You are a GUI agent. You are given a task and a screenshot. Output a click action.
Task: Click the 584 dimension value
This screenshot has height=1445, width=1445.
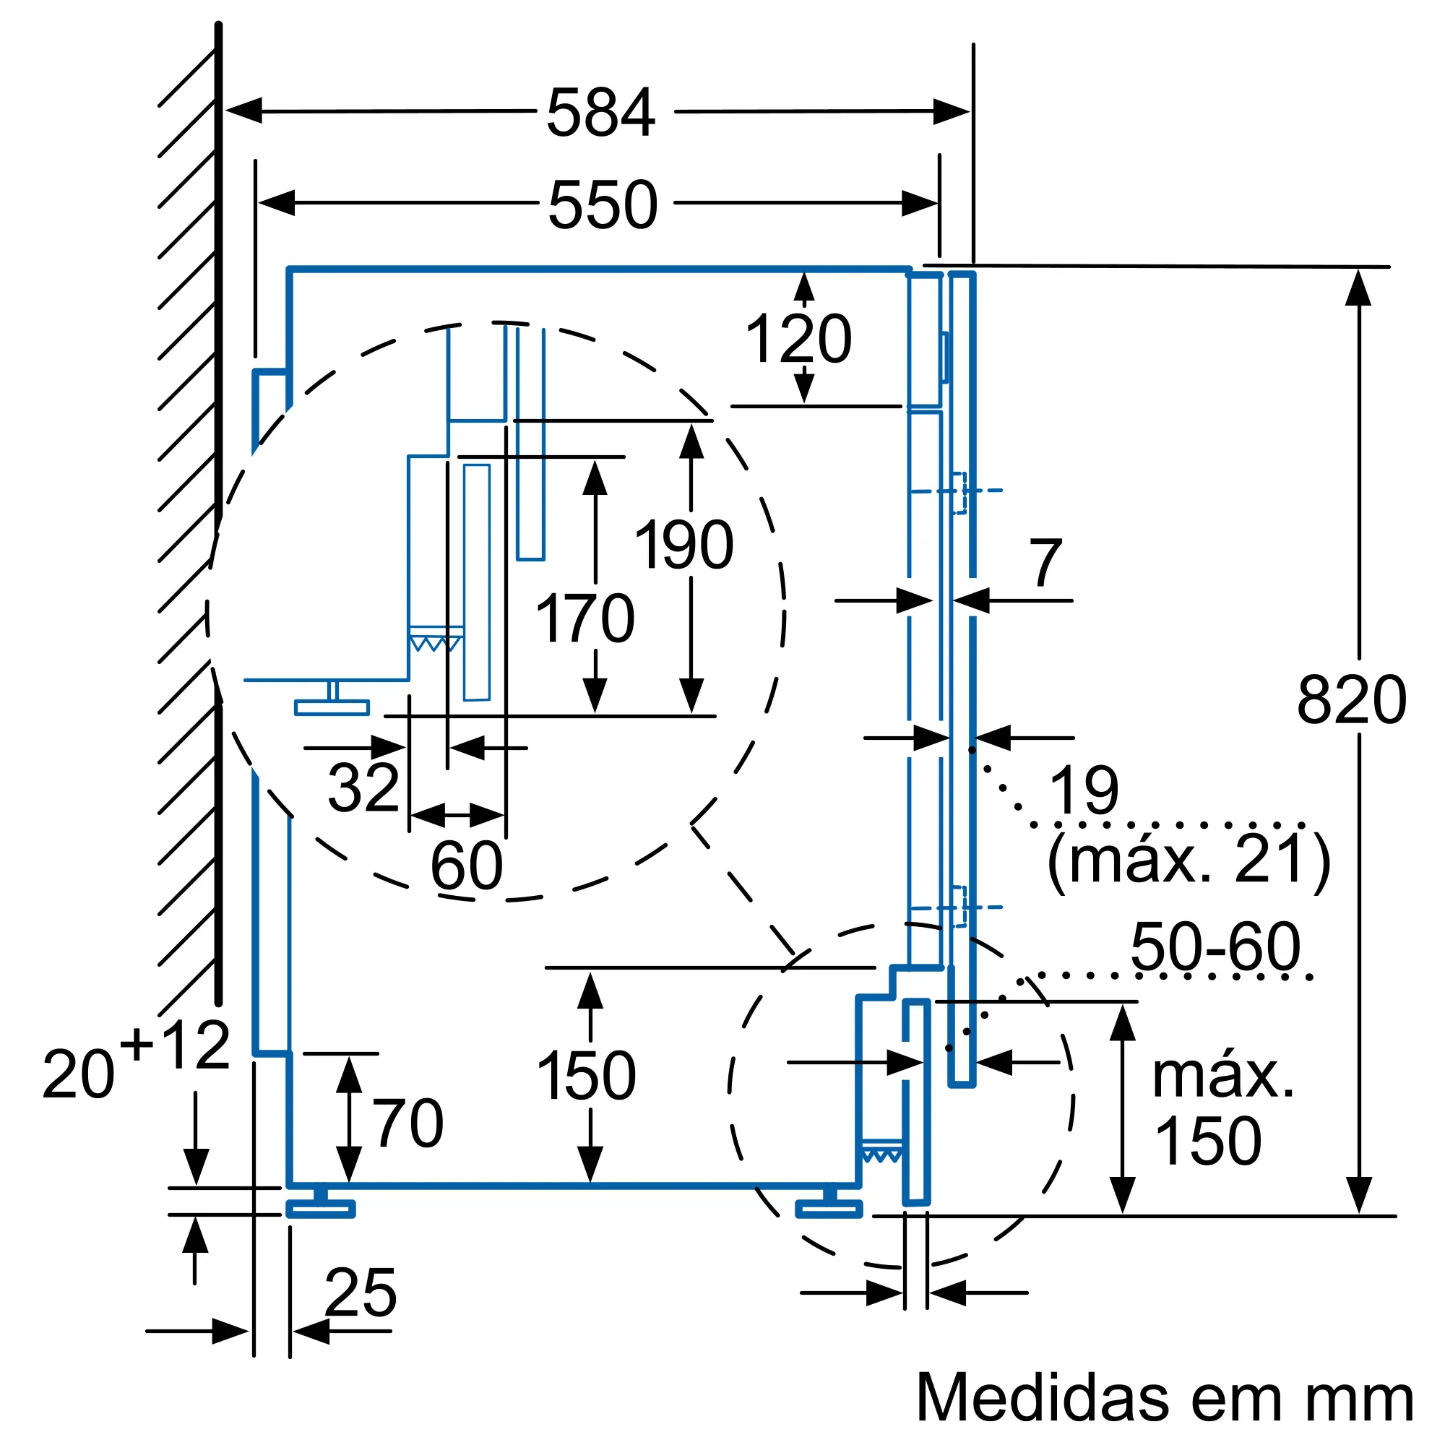pos(600,113)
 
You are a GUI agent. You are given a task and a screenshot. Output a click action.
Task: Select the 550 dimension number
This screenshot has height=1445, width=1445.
pos(603,204)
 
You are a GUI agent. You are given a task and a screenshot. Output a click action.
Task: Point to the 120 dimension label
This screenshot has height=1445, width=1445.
pos(798,339)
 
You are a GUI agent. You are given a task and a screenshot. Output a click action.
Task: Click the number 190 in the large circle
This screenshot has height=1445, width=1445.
pos(683,545)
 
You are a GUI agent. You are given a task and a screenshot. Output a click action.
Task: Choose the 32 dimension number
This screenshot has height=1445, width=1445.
pos(363,787)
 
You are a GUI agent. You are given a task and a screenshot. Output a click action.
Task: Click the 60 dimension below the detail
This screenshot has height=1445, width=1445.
pos(467,866)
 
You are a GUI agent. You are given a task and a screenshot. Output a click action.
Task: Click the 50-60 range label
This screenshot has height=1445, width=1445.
pos(1215,947)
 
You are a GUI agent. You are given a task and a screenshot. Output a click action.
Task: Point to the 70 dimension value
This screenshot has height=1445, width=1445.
pos(408,1123)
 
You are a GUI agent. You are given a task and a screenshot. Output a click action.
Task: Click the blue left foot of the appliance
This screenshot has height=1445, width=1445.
pos(321,1208)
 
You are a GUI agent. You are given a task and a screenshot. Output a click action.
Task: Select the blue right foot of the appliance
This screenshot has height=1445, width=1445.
pos(829,1208)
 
